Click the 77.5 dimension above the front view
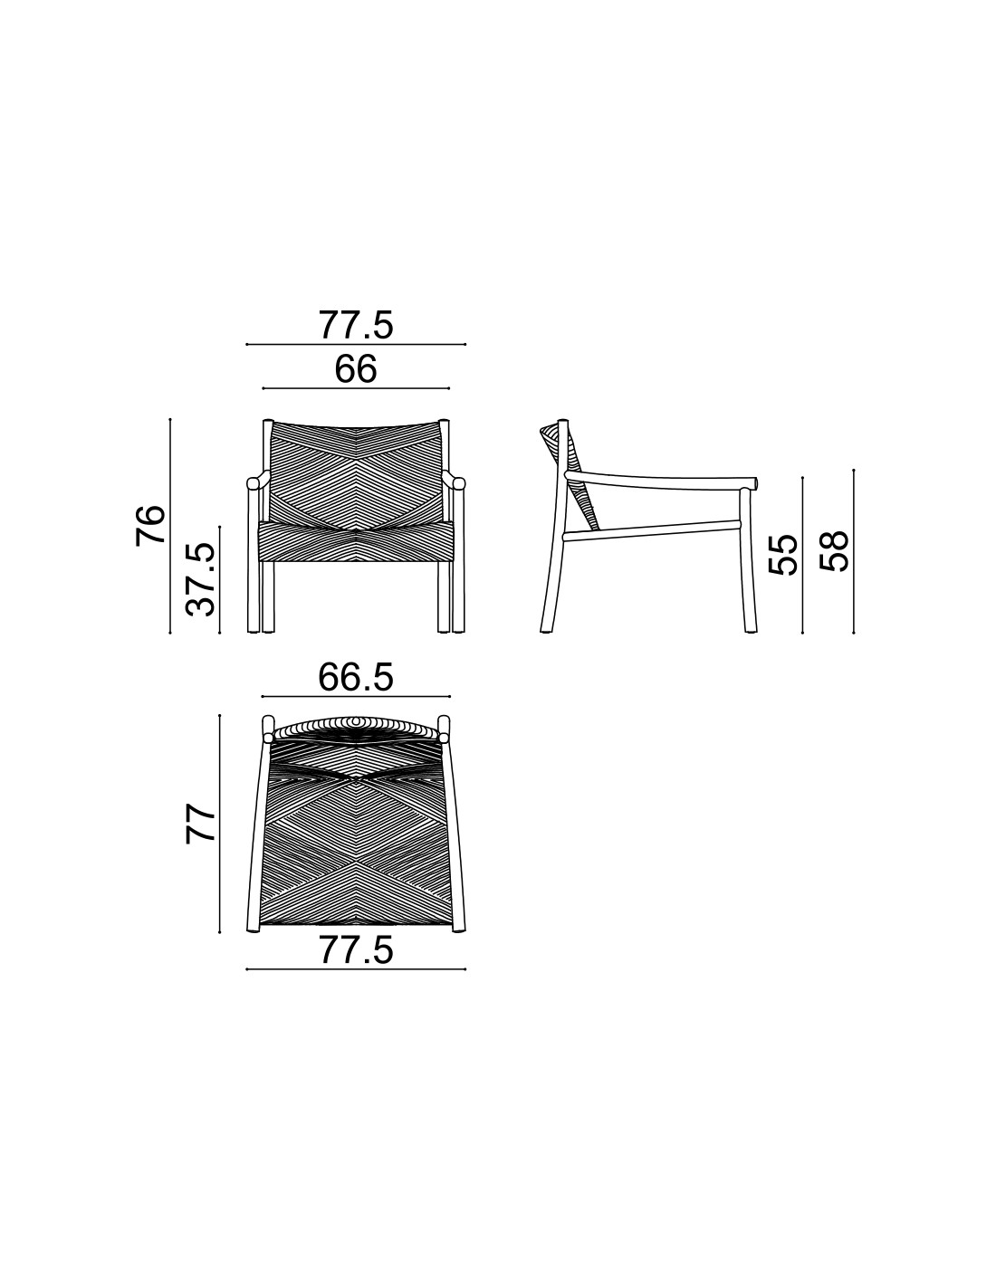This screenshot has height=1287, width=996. (x=356, y=325)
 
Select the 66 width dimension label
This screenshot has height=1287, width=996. (x=356, y=369)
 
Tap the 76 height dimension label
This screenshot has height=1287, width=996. (x=150, y=525)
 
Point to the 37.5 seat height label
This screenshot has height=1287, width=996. (x=200, y=579)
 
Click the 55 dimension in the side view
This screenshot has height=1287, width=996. (x=782, y=555)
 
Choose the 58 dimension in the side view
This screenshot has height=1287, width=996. (x=834, y=551)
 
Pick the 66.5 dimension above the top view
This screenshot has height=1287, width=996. (x=356, y=677)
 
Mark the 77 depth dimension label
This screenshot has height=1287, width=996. (x=200, y=824)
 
